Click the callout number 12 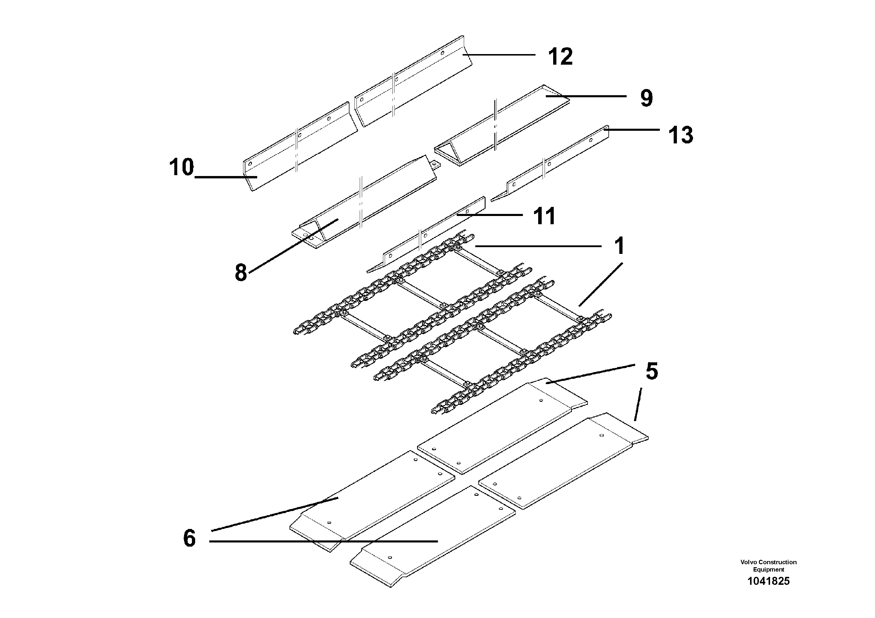[560, 57]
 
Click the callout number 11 [544, 216]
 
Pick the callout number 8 [241, 273]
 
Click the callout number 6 [189, 538]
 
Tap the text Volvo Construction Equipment [768, 565]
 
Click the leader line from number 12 [499, 55]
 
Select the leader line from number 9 [587, 96]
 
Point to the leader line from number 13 [633, 130]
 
